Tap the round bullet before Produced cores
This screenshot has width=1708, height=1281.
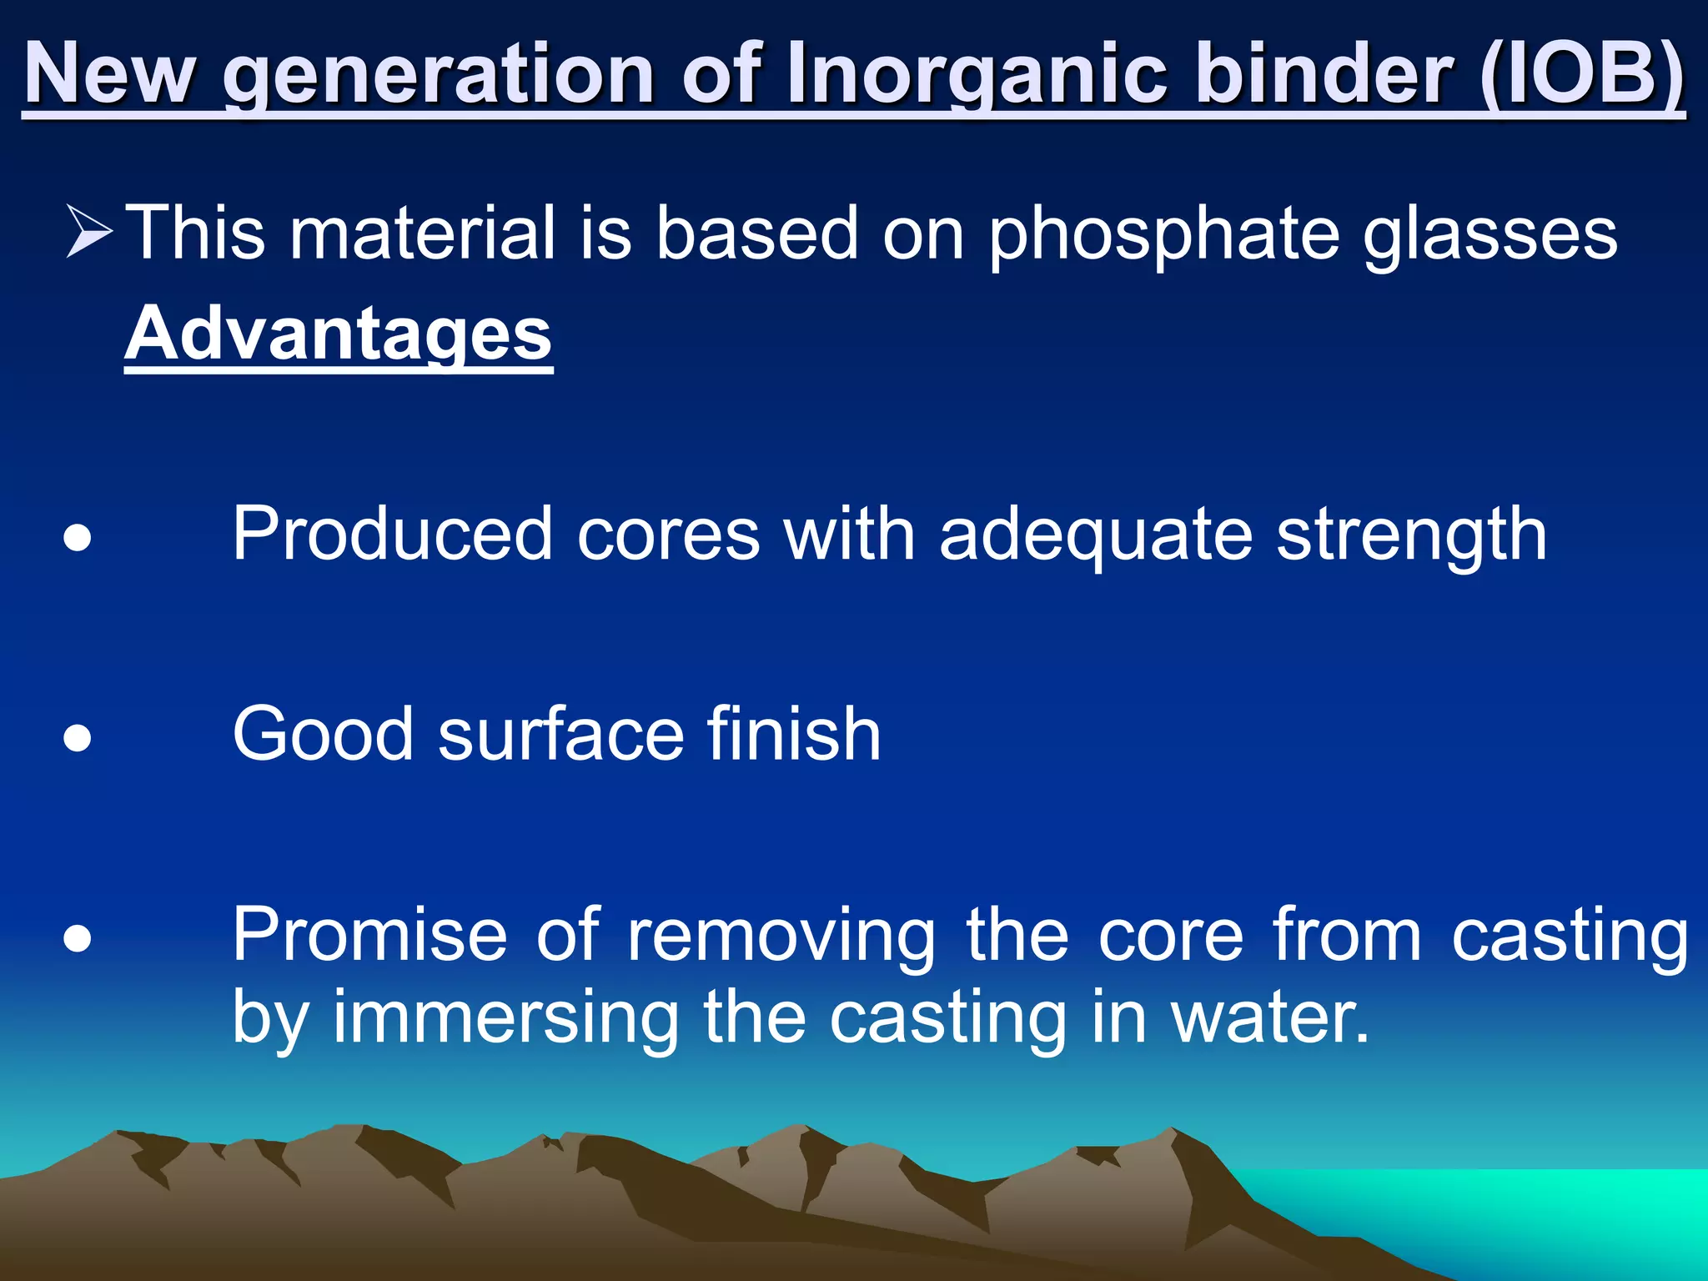pos(78,539)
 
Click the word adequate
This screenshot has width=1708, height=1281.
pos(1096,535)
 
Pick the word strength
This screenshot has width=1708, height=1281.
pos(1412,535)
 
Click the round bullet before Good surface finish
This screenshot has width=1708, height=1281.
pos(78,738)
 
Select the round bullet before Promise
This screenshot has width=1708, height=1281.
pos(78,939)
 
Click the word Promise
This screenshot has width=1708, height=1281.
pos(370,936)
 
